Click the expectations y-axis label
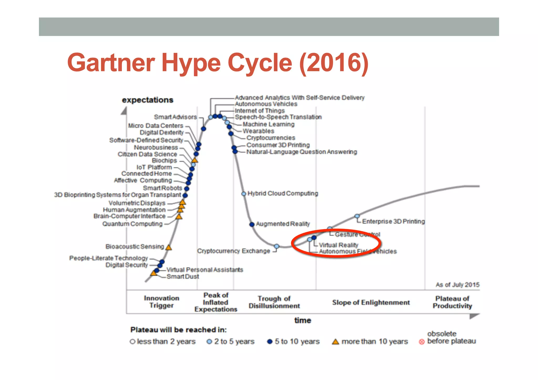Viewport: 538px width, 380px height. (x=147, y=100)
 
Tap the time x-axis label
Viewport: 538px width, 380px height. (x=303, y=320)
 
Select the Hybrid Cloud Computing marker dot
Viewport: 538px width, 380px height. (x=244, y=194)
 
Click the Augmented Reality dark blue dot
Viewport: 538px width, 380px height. (x=252, y=224)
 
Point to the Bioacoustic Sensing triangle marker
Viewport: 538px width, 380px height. (x=169, y=247)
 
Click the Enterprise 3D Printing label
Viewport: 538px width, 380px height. (x=393, y=221)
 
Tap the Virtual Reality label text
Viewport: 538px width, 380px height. (x=338, y=245)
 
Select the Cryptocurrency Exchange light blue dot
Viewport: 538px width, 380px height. (x=276, y=246)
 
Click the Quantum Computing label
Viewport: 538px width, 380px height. (x=132, y=224)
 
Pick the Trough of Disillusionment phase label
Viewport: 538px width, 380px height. (x=274, y=302)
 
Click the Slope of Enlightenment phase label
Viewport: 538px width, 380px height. (x=371, y=302)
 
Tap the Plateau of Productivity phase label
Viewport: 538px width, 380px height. (x=452, y=302)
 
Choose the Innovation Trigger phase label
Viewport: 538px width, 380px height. (x=161, y=302)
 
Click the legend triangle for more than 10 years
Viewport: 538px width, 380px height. (x=335, y=342)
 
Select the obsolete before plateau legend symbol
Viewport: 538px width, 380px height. (x=422, y=342)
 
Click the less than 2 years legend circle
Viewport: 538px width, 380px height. (x=132, y=342)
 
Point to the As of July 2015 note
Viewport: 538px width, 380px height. (x=457, y=285)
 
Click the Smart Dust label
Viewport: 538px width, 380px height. (x=183, y=277)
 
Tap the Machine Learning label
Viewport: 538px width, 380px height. (x=268, y=124)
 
